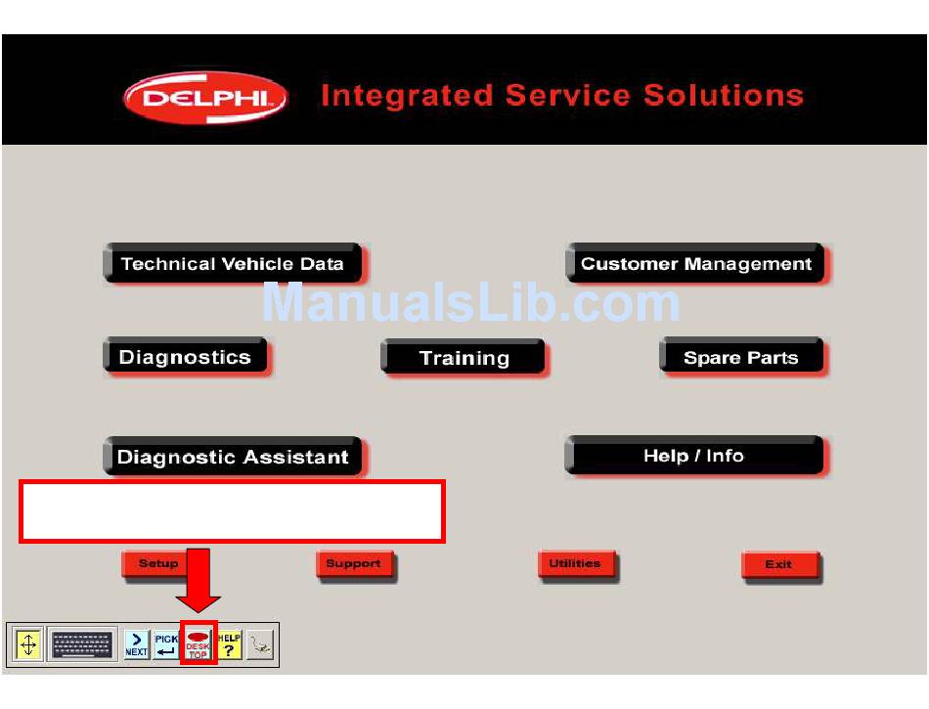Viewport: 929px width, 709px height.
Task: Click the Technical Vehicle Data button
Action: [x=234, y=263]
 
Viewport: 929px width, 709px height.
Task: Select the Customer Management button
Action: [x=696, y=263]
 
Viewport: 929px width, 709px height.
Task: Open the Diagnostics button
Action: [x=186, y=357]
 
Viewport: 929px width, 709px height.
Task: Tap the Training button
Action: [x=464, y=357]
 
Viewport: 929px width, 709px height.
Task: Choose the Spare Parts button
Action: [x=742, y=357]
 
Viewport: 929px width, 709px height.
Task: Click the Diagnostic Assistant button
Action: [x=234, y=456]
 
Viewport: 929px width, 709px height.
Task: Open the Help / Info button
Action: [x=695, y=456]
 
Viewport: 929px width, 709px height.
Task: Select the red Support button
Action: [x=355, y=565]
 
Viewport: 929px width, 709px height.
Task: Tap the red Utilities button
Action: [x=577, y=564]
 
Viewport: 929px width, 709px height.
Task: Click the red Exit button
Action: [x=780, y=565]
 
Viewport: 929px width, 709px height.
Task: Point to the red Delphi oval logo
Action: [x=205, y=98]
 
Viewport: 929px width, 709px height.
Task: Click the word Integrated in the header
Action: [x=407, y=96]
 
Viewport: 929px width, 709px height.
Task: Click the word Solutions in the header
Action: [x=724, y=96]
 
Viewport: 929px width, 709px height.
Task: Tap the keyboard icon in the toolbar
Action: [x=82, y=644]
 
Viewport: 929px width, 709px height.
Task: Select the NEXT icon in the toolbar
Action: [x=136, y=644]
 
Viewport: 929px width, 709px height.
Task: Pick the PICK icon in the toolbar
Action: [x=166, y=644]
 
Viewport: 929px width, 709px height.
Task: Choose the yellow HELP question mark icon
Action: [x=229, y=644]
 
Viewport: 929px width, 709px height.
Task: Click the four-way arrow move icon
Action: [x=27, y=644]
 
